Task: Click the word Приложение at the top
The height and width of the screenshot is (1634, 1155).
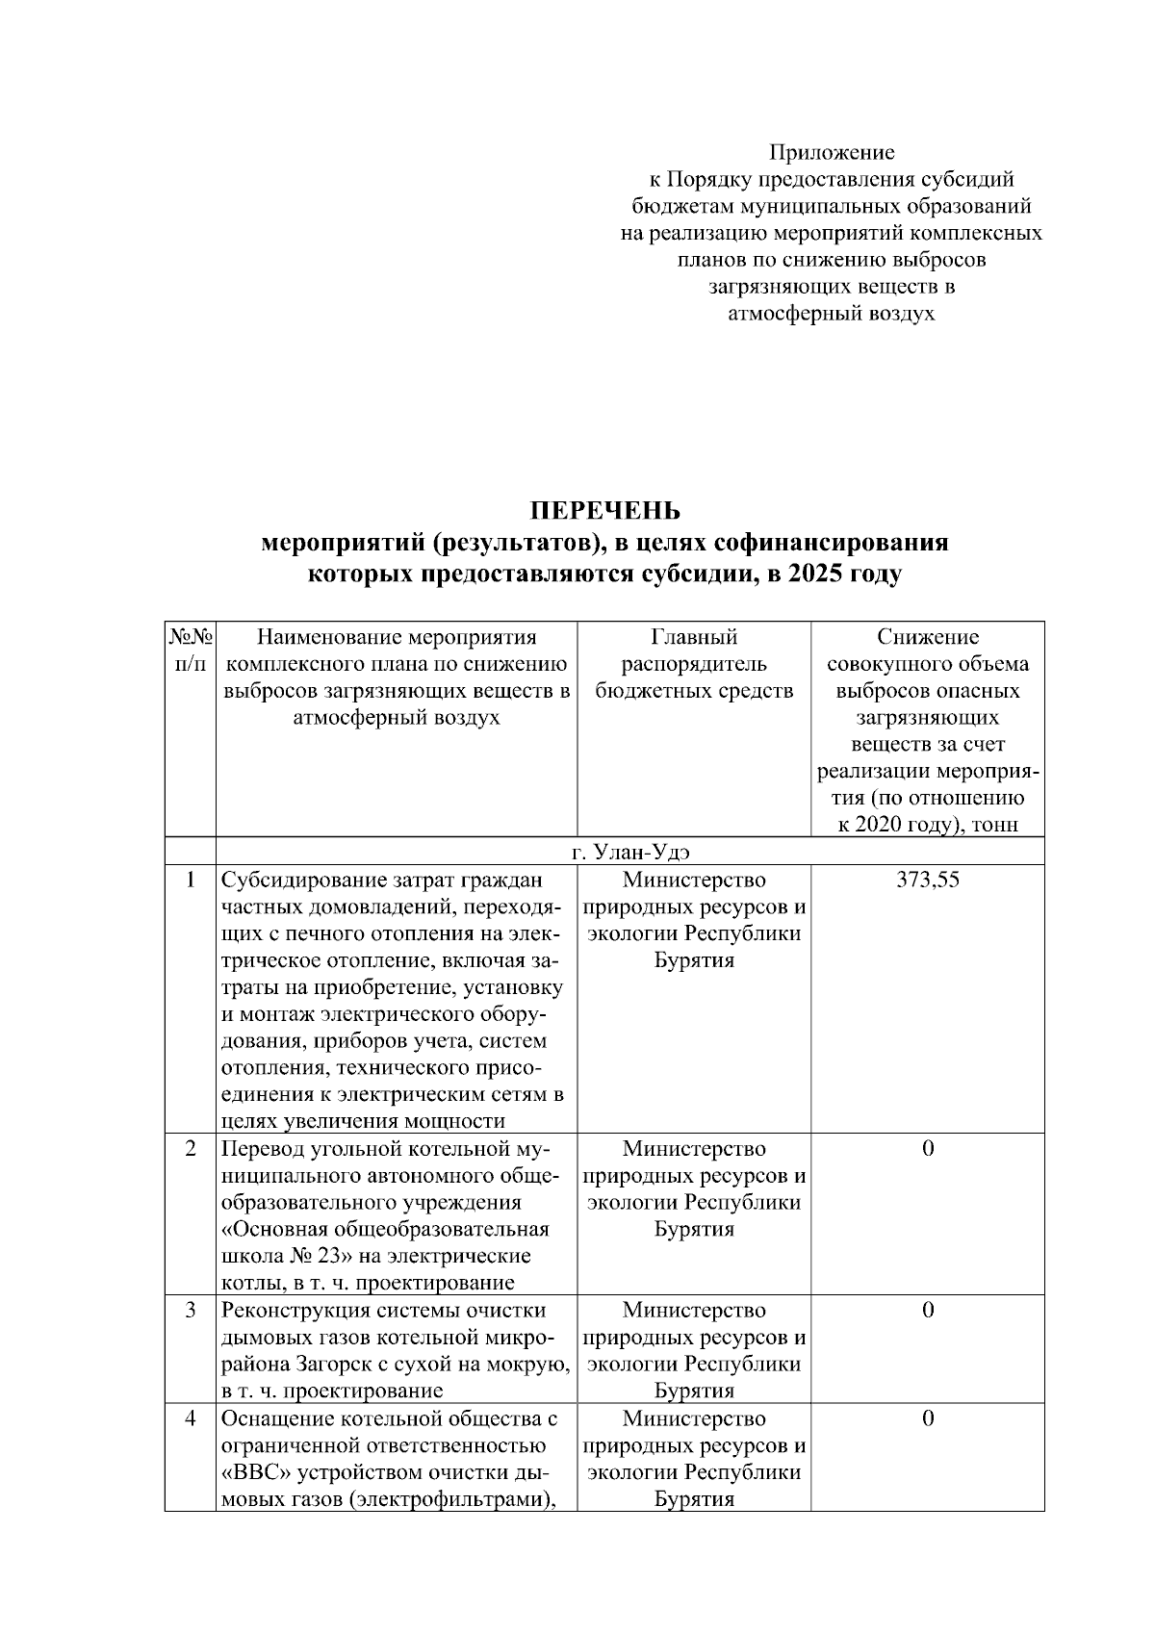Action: (831, 152)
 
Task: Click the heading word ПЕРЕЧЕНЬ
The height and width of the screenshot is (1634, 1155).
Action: (605, 510)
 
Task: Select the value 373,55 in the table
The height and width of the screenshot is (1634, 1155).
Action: (927, 880)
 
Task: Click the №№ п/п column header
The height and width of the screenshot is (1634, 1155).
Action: (190, 651)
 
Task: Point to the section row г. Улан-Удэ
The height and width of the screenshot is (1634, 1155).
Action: (630, 852)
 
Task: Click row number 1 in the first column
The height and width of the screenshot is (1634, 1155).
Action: (191, 880)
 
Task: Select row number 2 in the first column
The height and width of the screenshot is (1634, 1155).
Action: (191, 1148)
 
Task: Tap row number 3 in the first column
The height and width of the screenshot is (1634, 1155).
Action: (191, 1310)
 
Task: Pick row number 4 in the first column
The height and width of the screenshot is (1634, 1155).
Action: (191, 1418)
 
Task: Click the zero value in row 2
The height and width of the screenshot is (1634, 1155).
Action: (927, 1148)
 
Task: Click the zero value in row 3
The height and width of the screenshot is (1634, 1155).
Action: (927, 1310)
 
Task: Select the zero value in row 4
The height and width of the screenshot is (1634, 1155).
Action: (927, 1418)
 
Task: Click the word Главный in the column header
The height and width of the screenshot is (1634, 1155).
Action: (693, 637)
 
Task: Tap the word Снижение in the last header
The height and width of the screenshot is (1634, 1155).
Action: (927, 637)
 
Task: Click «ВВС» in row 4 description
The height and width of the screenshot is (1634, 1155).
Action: (252, 1472)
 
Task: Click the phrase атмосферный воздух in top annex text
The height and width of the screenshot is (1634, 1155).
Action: (829, 314)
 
